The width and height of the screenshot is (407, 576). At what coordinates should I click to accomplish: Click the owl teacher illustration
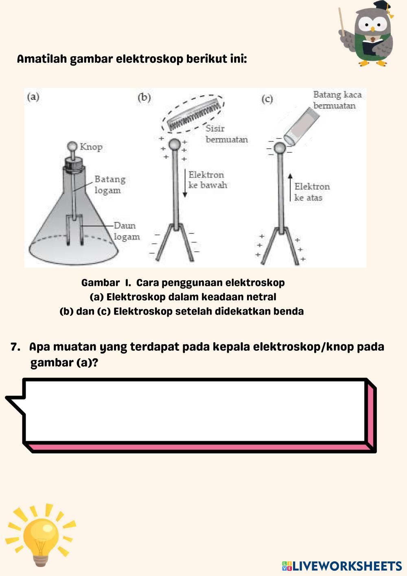point(368,35)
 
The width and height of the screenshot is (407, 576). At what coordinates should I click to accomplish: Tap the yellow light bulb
point(41,536)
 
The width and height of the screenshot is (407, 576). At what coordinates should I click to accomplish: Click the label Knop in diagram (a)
point(91,147)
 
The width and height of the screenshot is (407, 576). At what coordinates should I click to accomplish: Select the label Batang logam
point(110,185)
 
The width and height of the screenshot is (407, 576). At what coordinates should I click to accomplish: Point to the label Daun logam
point(127,231)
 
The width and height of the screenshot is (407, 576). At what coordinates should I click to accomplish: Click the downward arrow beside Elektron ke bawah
point(185,183)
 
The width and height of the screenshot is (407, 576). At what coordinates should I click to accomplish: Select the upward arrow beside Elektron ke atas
point(290,187)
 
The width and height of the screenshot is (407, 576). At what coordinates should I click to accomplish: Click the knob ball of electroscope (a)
point(72,146)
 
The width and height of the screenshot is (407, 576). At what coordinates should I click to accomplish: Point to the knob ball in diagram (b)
point(174,144)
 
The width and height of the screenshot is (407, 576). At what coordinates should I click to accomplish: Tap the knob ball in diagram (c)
point(280,147)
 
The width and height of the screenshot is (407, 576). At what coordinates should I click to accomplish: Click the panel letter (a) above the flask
point(33,97)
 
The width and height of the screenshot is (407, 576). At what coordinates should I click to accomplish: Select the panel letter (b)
point(144,97)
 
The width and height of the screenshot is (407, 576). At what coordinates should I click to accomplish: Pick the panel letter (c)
point(267,99)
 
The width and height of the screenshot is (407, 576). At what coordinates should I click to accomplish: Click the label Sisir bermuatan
point(226,134)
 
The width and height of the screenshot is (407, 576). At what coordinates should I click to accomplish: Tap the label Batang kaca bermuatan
point(337,100)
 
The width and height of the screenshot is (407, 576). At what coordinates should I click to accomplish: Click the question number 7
point(15,347)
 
